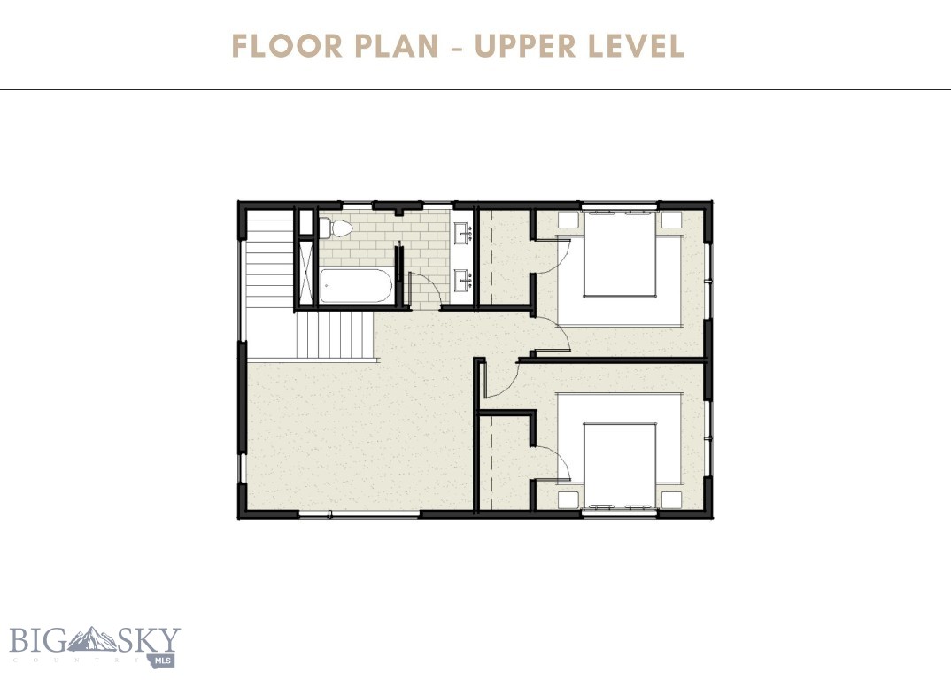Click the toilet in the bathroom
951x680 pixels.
click(336, 228)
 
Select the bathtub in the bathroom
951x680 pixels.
click(355, 286)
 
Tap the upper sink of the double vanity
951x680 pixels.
click(462, 235)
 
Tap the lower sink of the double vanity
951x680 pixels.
click(462, 281)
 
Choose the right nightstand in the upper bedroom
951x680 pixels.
click(670, 220)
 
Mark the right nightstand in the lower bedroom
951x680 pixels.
click(670, 498)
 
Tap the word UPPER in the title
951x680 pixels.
click(524, 46)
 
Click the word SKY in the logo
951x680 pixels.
click(151, 639)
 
